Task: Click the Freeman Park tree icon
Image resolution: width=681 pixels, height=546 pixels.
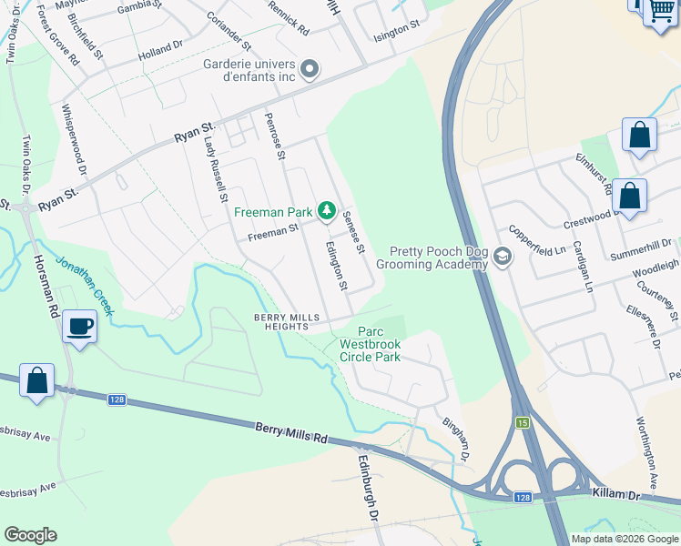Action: [326, 212]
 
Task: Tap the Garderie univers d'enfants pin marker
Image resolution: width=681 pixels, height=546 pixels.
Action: [310, 69]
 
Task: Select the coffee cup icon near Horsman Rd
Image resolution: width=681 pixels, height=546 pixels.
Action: [80, 326]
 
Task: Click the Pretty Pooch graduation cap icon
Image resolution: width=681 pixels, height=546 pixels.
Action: [502, 258]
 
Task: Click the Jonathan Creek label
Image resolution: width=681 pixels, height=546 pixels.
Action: [86, 286]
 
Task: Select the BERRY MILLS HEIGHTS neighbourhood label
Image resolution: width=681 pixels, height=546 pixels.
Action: [287, 322]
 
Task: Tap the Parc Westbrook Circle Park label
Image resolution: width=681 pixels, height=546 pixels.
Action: [370, 345]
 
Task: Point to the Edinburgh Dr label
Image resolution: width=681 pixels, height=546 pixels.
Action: [368, 487]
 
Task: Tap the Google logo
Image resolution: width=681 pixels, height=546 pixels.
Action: [30, 535]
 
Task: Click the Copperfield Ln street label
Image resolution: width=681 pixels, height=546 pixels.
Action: [537, 240]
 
